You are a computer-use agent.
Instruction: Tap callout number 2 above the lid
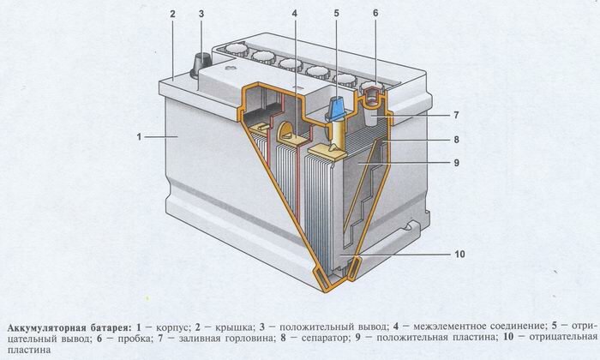pyautogui.click(x=172, y=14)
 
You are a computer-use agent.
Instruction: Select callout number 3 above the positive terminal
pyautogui.click(x=201, y=14)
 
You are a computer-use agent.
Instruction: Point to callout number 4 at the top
pyautogui.click(x=294, y=14)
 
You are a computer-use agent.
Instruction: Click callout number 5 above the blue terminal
pyautogui.click(x=337, y=14)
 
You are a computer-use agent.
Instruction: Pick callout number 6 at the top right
pyautogui.click(x=375, y=14)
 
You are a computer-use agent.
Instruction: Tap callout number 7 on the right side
pyautogui.click(x=457, y=114)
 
